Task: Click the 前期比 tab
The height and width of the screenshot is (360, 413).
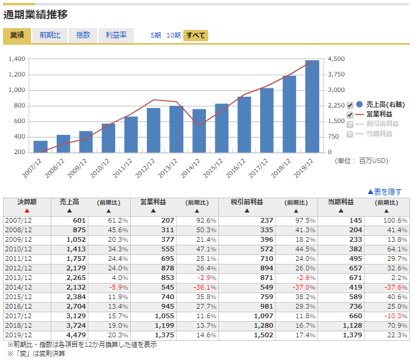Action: (50, 35)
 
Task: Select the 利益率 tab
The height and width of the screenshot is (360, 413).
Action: (116, 35)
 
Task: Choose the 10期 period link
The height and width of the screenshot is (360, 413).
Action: (174, 35)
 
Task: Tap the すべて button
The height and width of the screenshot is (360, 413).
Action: (196, 35)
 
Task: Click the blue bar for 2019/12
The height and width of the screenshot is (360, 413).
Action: (312, 106)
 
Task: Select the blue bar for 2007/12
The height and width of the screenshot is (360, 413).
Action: (41, 146)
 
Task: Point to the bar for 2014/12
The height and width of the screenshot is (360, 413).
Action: (199, 131)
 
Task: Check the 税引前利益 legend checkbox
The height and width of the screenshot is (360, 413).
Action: (350, 124)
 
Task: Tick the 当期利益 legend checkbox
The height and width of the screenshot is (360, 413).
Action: (350, 134)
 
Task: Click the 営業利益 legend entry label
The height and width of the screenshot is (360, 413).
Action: (380, 115)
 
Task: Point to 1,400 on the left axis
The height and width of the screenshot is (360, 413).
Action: (17, 59)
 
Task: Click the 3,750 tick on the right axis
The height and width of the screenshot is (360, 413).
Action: (336, 74)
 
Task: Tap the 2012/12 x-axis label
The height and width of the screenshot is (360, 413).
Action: (145, 168)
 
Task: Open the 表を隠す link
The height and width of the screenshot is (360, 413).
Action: (384, 192)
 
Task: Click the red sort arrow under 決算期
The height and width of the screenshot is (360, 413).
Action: (27, 211)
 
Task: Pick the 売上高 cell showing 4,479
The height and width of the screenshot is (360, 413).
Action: (76, 335)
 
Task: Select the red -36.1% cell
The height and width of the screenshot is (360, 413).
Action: (205, 287)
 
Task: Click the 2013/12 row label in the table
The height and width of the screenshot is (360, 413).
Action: (19, 278)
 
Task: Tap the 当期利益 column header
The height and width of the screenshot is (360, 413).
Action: (341, 202)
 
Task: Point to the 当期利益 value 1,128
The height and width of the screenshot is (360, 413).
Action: (352, 325)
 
